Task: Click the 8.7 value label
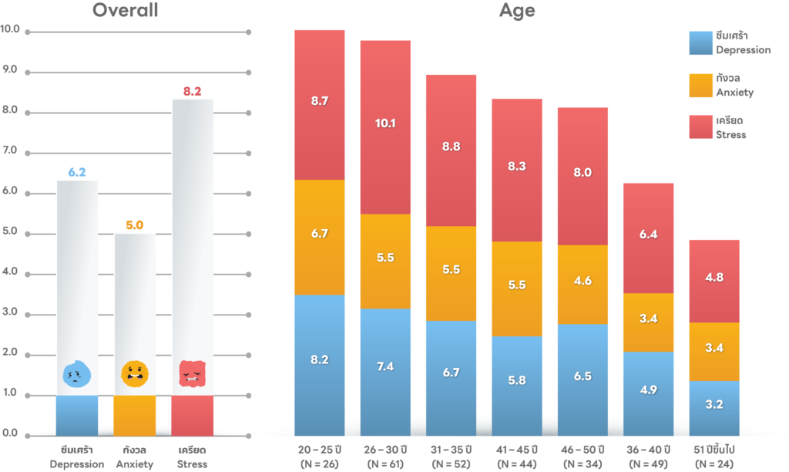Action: click(320, 101)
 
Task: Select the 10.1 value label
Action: click(385, 123)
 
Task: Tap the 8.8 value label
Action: click(452, 147)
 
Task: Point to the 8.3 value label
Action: click(517, 166)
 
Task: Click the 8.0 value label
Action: click(583, 173)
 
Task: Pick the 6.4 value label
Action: click(649, 234)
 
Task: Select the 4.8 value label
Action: click(714, 277)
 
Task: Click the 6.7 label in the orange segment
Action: click(320, 234)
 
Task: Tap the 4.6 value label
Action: click(583, 281)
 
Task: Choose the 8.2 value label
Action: click(320, 359)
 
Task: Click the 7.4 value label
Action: click(385, 367)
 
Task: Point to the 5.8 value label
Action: click(517, 380)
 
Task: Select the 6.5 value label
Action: click(583, 376)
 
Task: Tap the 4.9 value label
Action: click(649, 389)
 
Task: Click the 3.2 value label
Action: click(714, 404)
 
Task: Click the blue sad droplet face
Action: click(76, 375)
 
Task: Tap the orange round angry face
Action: click(134, 374)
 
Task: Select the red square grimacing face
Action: click(192, 374)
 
